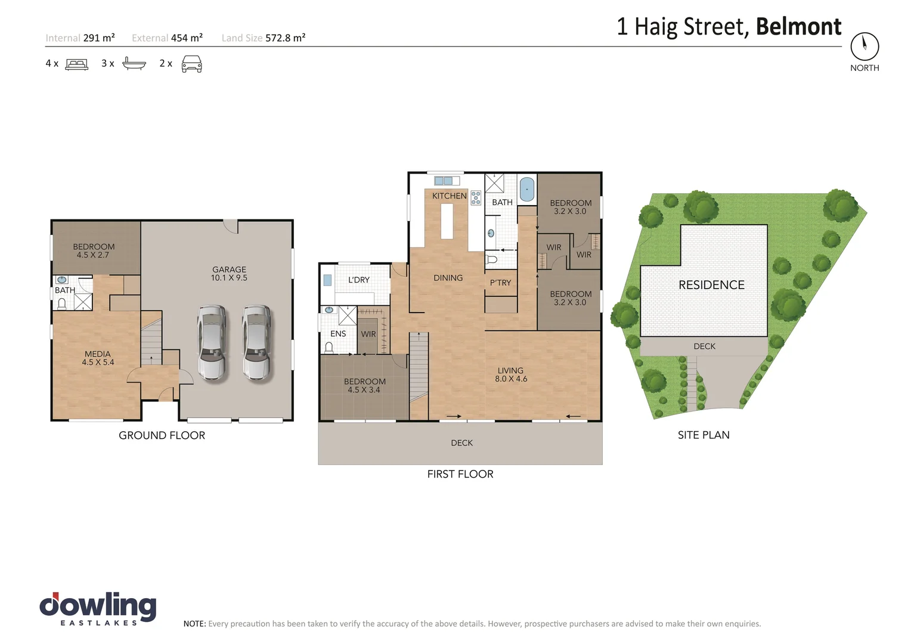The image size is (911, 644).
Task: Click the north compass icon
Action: (x=864, y=46)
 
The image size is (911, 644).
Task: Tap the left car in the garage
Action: (x=212, y=343)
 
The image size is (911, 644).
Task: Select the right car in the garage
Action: (x=256, y=343)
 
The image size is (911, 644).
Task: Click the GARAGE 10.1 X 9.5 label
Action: (x=229, y=274)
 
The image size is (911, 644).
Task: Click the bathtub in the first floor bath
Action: (x=527, y=190)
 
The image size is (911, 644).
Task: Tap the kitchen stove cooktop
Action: (x=476, y=197)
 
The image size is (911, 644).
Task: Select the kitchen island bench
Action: (x=447, y=221)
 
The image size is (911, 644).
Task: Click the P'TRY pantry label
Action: (x=500, y=283)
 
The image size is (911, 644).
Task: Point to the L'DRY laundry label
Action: (x=359, y=280)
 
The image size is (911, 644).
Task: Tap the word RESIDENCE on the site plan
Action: (x=711, y=285)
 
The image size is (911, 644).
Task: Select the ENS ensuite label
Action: (x=338, y=334)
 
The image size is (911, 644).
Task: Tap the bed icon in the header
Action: (x=76, y=64)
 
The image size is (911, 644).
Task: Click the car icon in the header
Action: (x=191, y=64)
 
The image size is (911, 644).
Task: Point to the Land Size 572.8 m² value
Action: (x=285, y=38)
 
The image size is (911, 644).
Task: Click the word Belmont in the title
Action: (x=798, y=27)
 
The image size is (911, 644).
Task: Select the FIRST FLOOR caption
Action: (x=460, y=474)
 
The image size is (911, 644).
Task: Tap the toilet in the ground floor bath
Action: (x=61, y=304)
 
